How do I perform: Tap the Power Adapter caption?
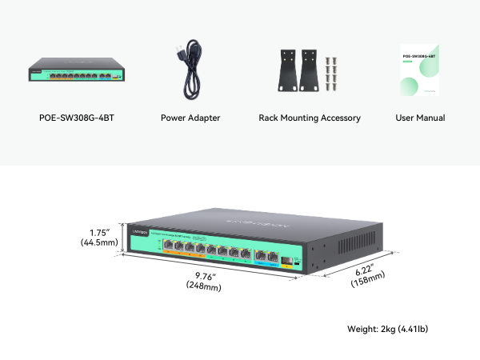pos(190,118)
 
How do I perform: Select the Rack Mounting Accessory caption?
pos(310,118)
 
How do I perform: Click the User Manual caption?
pos(420,118)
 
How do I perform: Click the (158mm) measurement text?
pos(369,277)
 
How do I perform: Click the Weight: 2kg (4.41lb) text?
pos(392,329)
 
